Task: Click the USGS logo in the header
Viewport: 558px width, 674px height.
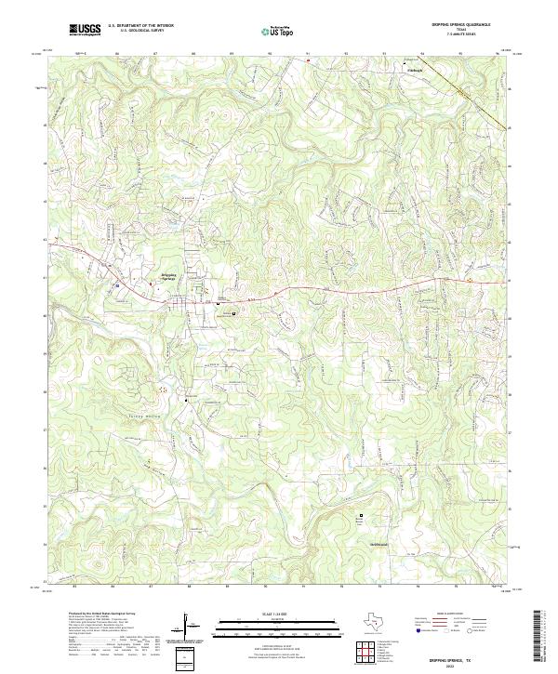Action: click(86, 30)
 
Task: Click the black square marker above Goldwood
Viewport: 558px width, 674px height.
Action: click(363, 513)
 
